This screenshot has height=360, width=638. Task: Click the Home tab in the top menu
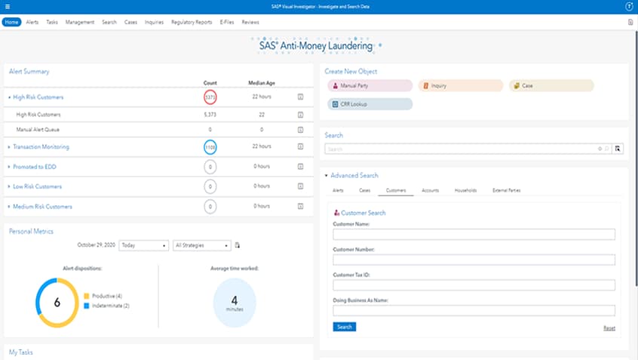point(11,22)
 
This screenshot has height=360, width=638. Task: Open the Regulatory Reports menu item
point(192,22)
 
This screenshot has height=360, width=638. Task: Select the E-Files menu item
point(226,22)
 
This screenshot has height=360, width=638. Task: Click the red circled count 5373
point(210,97)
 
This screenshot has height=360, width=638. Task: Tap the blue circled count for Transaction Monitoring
point(210,147)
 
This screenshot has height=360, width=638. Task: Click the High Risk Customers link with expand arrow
point(38,97)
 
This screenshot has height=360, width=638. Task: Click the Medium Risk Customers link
point(42,206)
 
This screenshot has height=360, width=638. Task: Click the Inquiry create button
point(461,86)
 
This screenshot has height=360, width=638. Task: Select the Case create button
point(551,86)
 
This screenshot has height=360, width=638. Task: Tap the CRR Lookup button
point(370,104)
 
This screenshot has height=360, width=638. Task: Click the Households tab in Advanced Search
point(465,190)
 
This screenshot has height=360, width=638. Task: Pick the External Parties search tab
point(506,190)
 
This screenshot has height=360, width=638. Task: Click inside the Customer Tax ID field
point(474,285)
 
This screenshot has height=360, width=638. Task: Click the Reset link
point(609,328)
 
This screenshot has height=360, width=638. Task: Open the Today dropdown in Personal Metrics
point(143,245)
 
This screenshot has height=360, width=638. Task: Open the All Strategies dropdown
point(201,245)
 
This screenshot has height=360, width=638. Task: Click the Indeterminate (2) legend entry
point(109,306)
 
